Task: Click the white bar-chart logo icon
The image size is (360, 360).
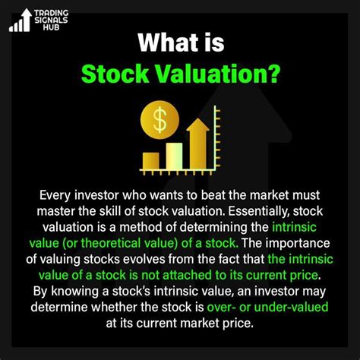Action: [x=21, y=21]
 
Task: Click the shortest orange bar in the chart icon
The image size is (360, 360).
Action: [x=150, y=159]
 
